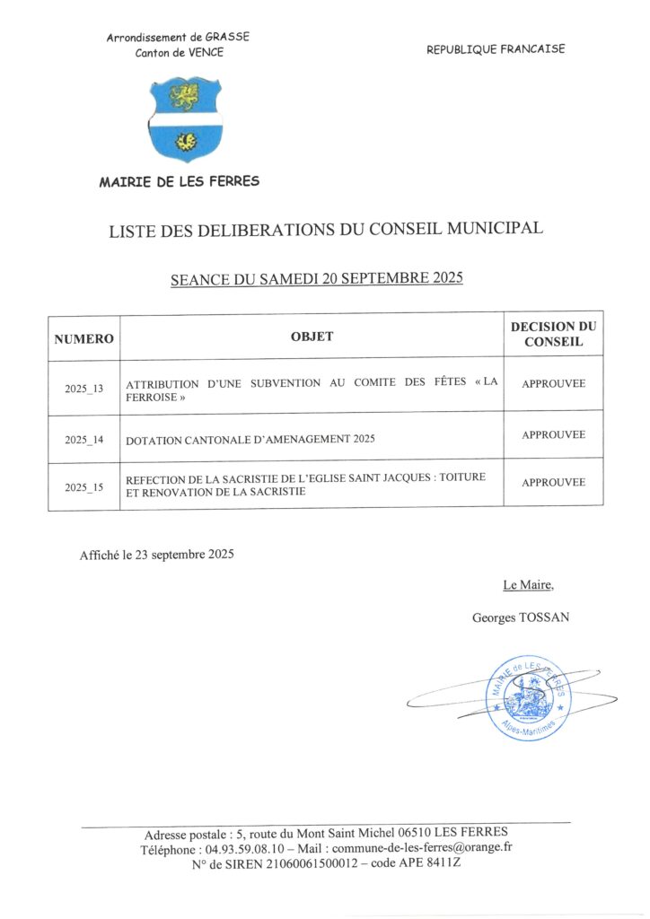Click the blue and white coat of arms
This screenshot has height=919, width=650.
click(x=185, y=118)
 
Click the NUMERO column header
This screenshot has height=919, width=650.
click(x=84, y=338)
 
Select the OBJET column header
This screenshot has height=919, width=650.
click(x=312, y=337)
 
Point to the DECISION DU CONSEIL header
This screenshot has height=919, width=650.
click(x=553, y=334)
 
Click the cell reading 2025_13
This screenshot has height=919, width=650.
click(x=84, y=389)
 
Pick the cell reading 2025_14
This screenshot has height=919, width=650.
click(x=84, y=440)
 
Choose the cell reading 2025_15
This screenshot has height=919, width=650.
click(x=84, y=487)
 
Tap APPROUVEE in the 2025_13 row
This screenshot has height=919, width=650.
click(x=553, y=383)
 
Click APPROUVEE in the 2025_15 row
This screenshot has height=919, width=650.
click(x=553, y=482)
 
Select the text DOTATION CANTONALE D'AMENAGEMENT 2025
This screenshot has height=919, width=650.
click(x=250, y=440)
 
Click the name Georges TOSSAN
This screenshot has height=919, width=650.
click(x=521, y=617)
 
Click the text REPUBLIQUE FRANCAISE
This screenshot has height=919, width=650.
click(x=496, y=49)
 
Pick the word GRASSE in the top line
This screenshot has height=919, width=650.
click(x=227, y=37)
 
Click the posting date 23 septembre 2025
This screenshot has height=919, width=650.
click(x=185, y=555)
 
